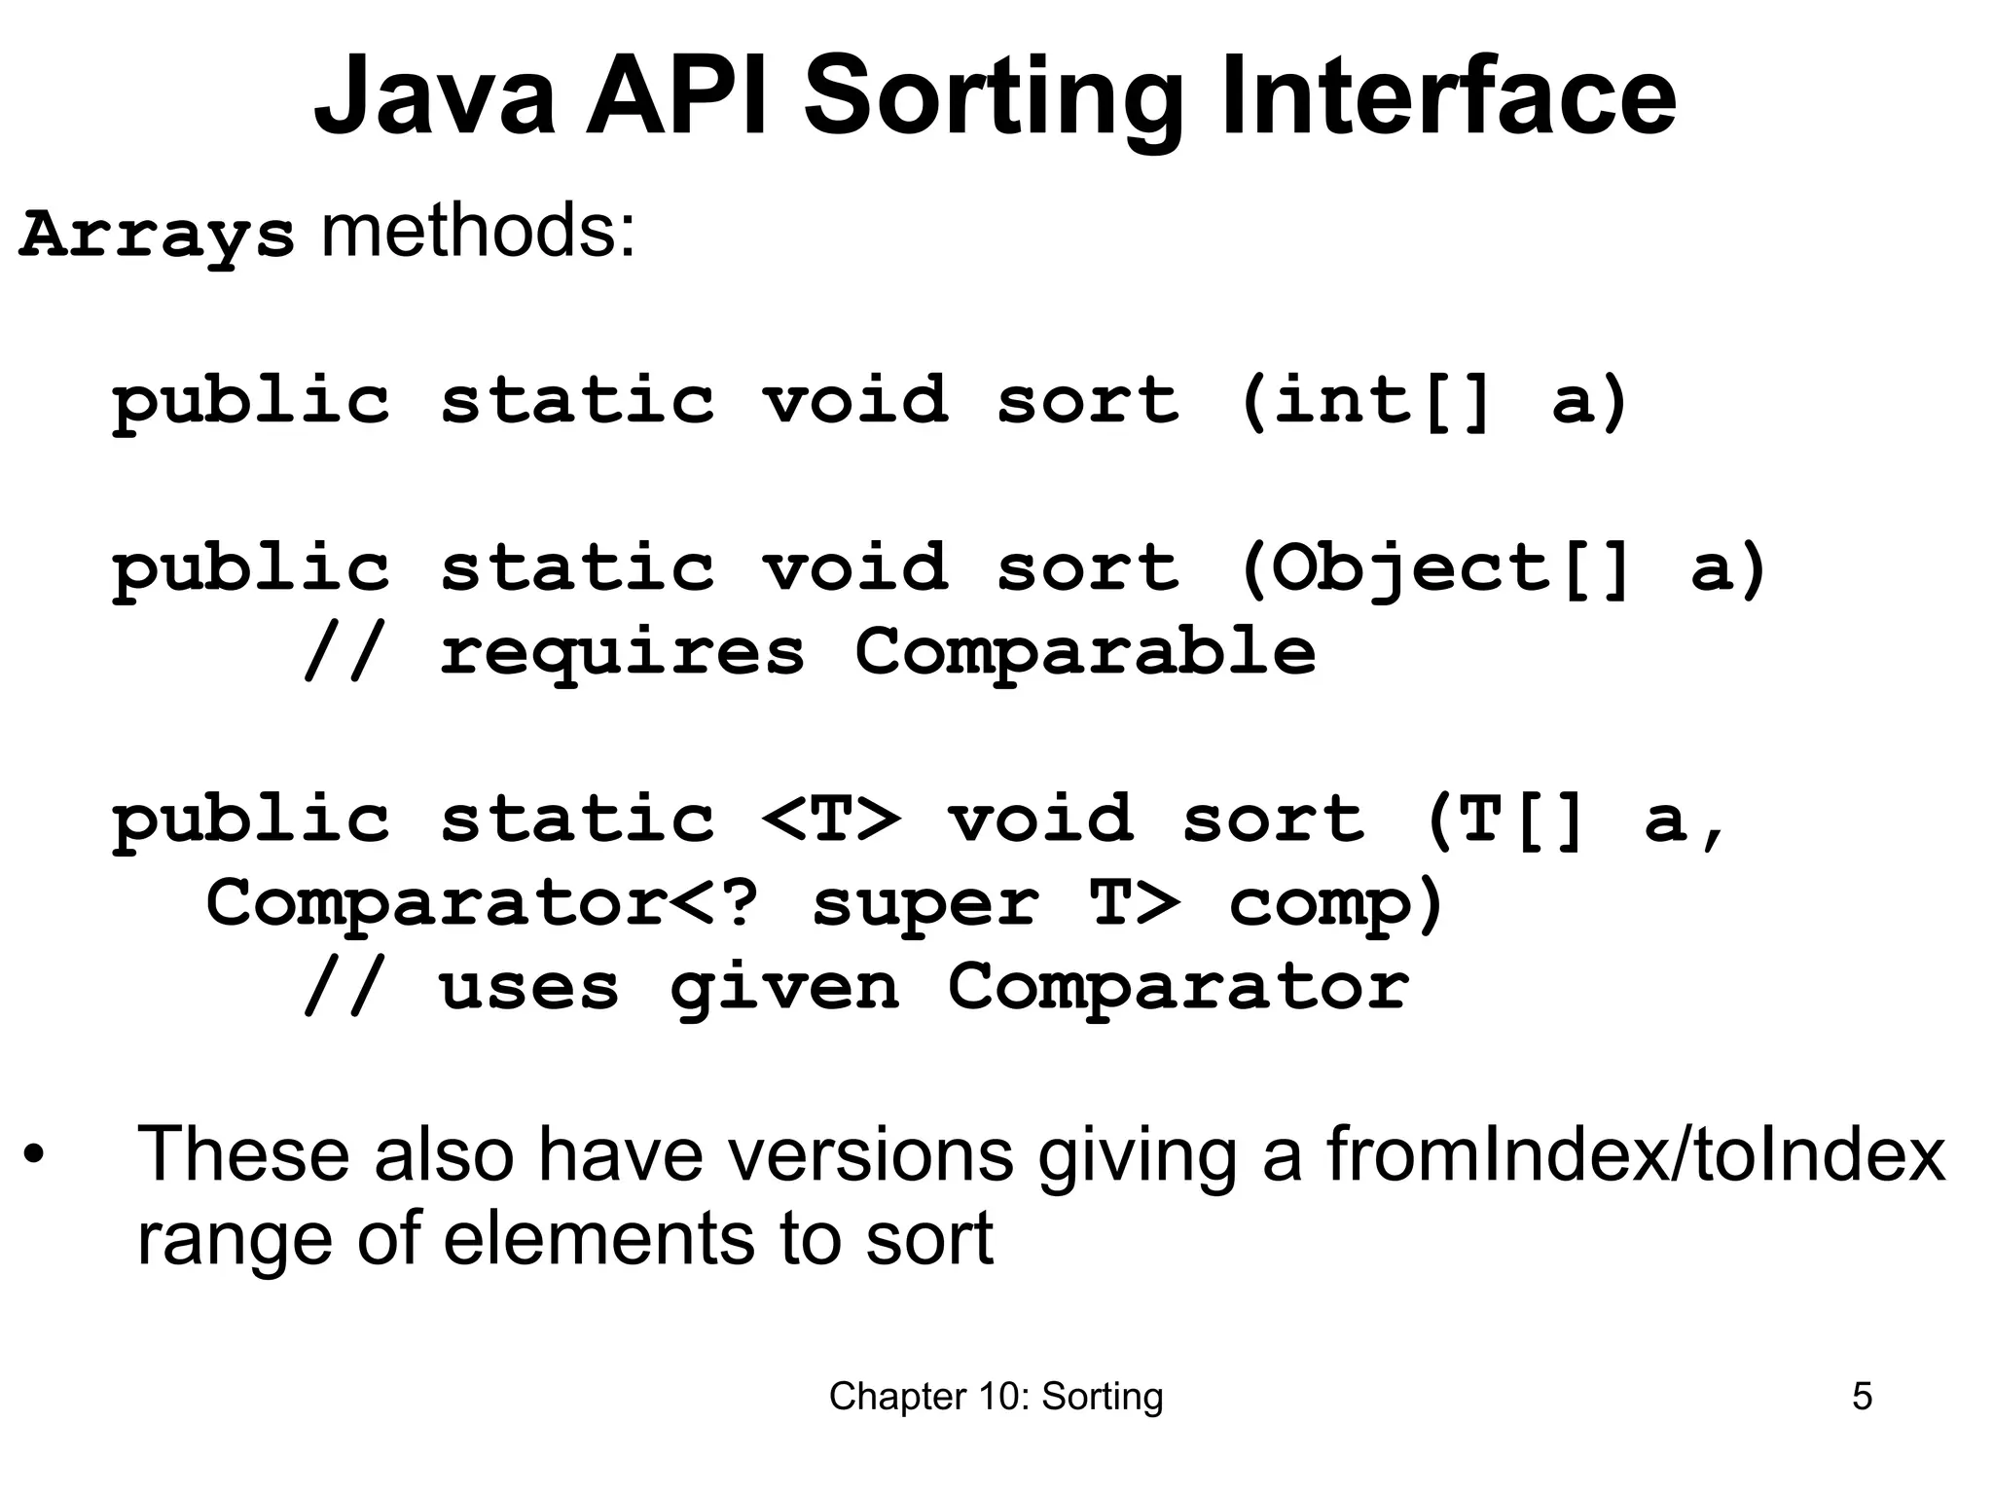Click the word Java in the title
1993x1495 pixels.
coord(435,96)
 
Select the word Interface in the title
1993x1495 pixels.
coord(1448,96)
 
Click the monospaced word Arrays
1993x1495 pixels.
coord(156,237)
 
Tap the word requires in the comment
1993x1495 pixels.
coord(623,651)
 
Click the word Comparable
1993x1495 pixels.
coord(1085,651)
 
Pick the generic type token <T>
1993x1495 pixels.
coord(831,819)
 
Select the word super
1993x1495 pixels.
coord(924,902)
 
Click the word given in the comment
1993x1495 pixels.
coord(784,987)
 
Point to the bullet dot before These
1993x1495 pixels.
coord(35,1156)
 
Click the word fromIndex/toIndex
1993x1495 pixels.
coord(1635,1154)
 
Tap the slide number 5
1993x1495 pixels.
coord(1862,1397)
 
